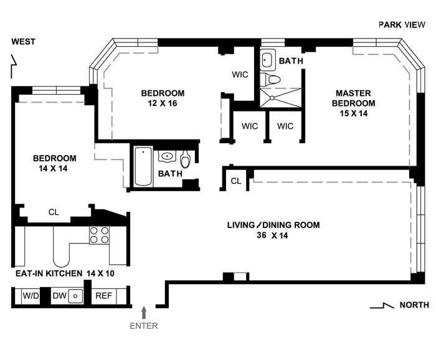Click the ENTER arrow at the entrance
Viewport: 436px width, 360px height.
[x=144, y=312]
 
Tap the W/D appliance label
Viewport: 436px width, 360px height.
[x=31, y=295]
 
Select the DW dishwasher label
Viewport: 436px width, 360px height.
[x=59, y=295]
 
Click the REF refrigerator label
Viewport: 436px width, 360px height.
[x=103, y=295]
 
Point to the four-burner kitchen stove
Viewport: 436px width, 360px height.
[x=99, y=235]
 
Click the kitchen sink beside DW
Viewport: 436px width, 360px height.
[x=75, y=296]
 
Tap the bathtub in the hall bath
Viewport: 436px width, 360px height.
[x=143, y=166]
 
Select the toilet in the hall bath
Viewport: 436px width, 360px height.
[x=185, y=159]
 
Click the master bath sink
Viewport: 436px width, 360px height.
[x=267, y=60]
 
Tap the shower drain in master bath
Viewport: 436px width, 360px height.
[x=272, y=98]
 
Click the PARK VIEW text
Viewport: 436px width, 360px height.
[x=402, y=25]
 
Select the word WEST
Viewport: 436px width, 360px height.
[x=24, y=42]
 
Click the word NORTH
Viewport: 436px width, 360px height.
[x=414, y=305]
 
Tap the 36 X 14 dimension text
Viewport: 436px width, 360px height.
[x=272, y=235]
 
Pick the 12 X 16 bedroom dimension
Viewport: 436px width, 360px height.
[x=163, y=103]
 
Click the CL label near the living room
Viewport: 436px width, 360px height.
[x=236, y=181]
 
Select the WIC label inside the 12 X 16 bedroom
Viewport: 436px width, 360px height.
[x=240, y=75]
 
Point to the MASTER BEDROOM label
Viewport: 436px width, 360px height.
[x=353, y=98]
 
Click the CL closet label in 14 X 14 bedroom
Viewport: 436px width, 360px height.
[x=54, y=212]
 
